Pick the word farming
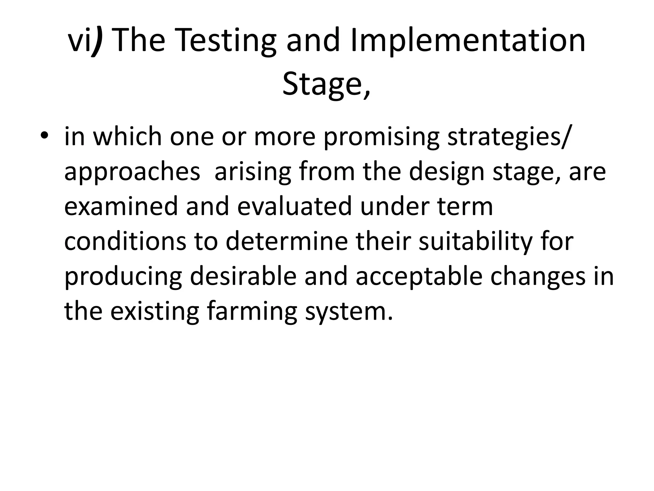click(252, 311)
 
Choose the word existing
click(155, 311)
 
